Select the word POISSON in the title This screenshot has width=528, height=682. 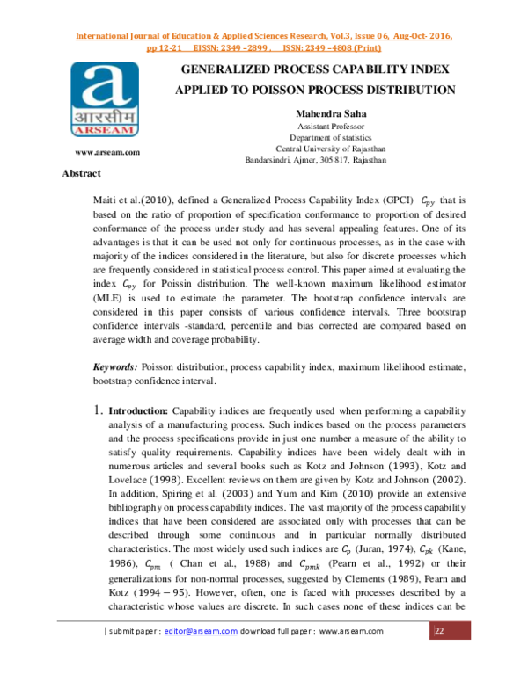[x=274, y=89]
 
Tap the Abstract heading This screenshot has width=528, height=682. [x=84, y=174]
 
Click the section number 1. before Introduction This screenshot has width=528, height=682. [x=98, y=410]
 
